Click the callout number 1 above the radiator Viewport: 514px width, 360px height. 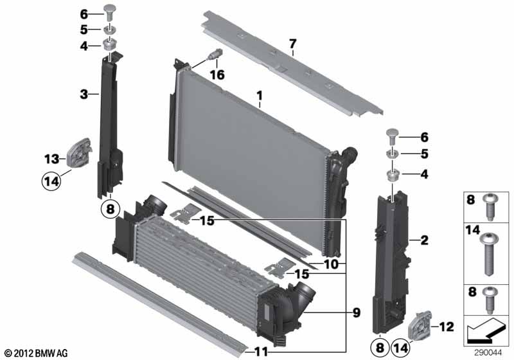[260, 96]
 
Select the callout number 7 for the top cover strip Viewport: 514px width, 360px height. [292, 44]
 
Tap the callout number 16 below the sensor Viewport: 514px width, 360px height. [217, 75]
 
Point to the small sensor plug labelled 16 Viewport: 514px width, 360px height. [215, 54]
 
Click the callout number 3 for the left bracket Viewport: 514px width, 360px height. [84, 94]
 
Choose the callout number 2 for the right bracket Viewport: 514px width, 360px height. [424, 240]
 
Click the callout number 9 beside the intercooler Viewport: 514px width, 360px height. [357, 312]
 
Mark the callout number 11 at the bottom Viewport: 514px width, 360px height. [261, 352]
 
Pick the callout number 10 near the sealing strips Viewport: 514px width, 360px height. [331, 264]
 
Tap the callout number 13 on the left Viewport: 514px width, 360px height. [51, 159]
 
